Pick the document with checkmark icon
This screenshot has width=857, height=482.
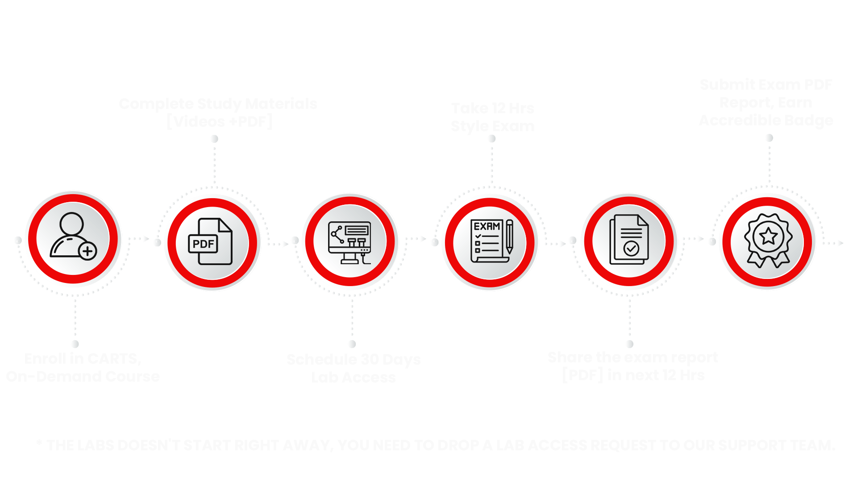tap(629, 241)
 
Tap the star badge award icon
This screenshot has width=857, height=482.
tap(768, 241)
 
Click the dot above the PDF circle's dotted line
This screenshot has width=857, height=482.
tap(214, 139)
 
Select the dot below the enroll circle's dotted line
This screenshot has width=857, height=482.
tap(75, 344)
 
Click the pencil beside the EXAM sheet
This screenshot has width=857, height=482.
tap(509, 237)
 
